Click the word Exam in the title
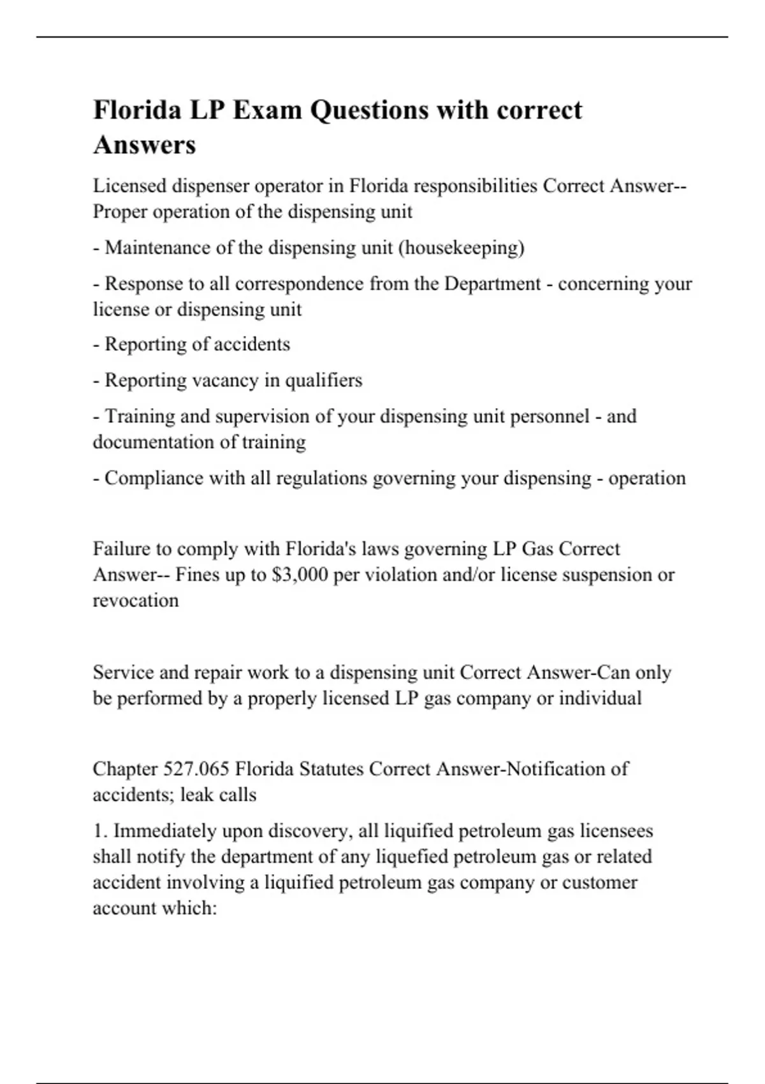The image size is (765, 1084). pos(267,110)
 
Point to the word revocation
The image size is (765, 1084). pos(136,601)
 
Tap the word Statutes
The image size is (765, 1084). pos(331,769)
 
